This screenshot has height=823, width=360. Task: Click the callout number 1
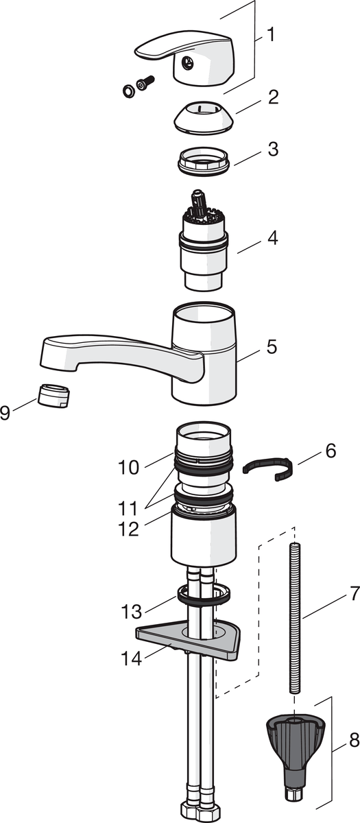coord(271,35)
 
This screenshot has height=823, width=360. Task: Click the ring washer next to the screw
coord(128,91)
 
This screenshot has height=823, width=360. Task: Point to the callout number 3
coord(273,150)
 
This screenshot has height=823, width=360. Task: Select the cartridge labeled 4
coord(203,240)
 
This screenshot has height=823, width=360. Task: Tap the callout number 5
coord(272,346)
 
